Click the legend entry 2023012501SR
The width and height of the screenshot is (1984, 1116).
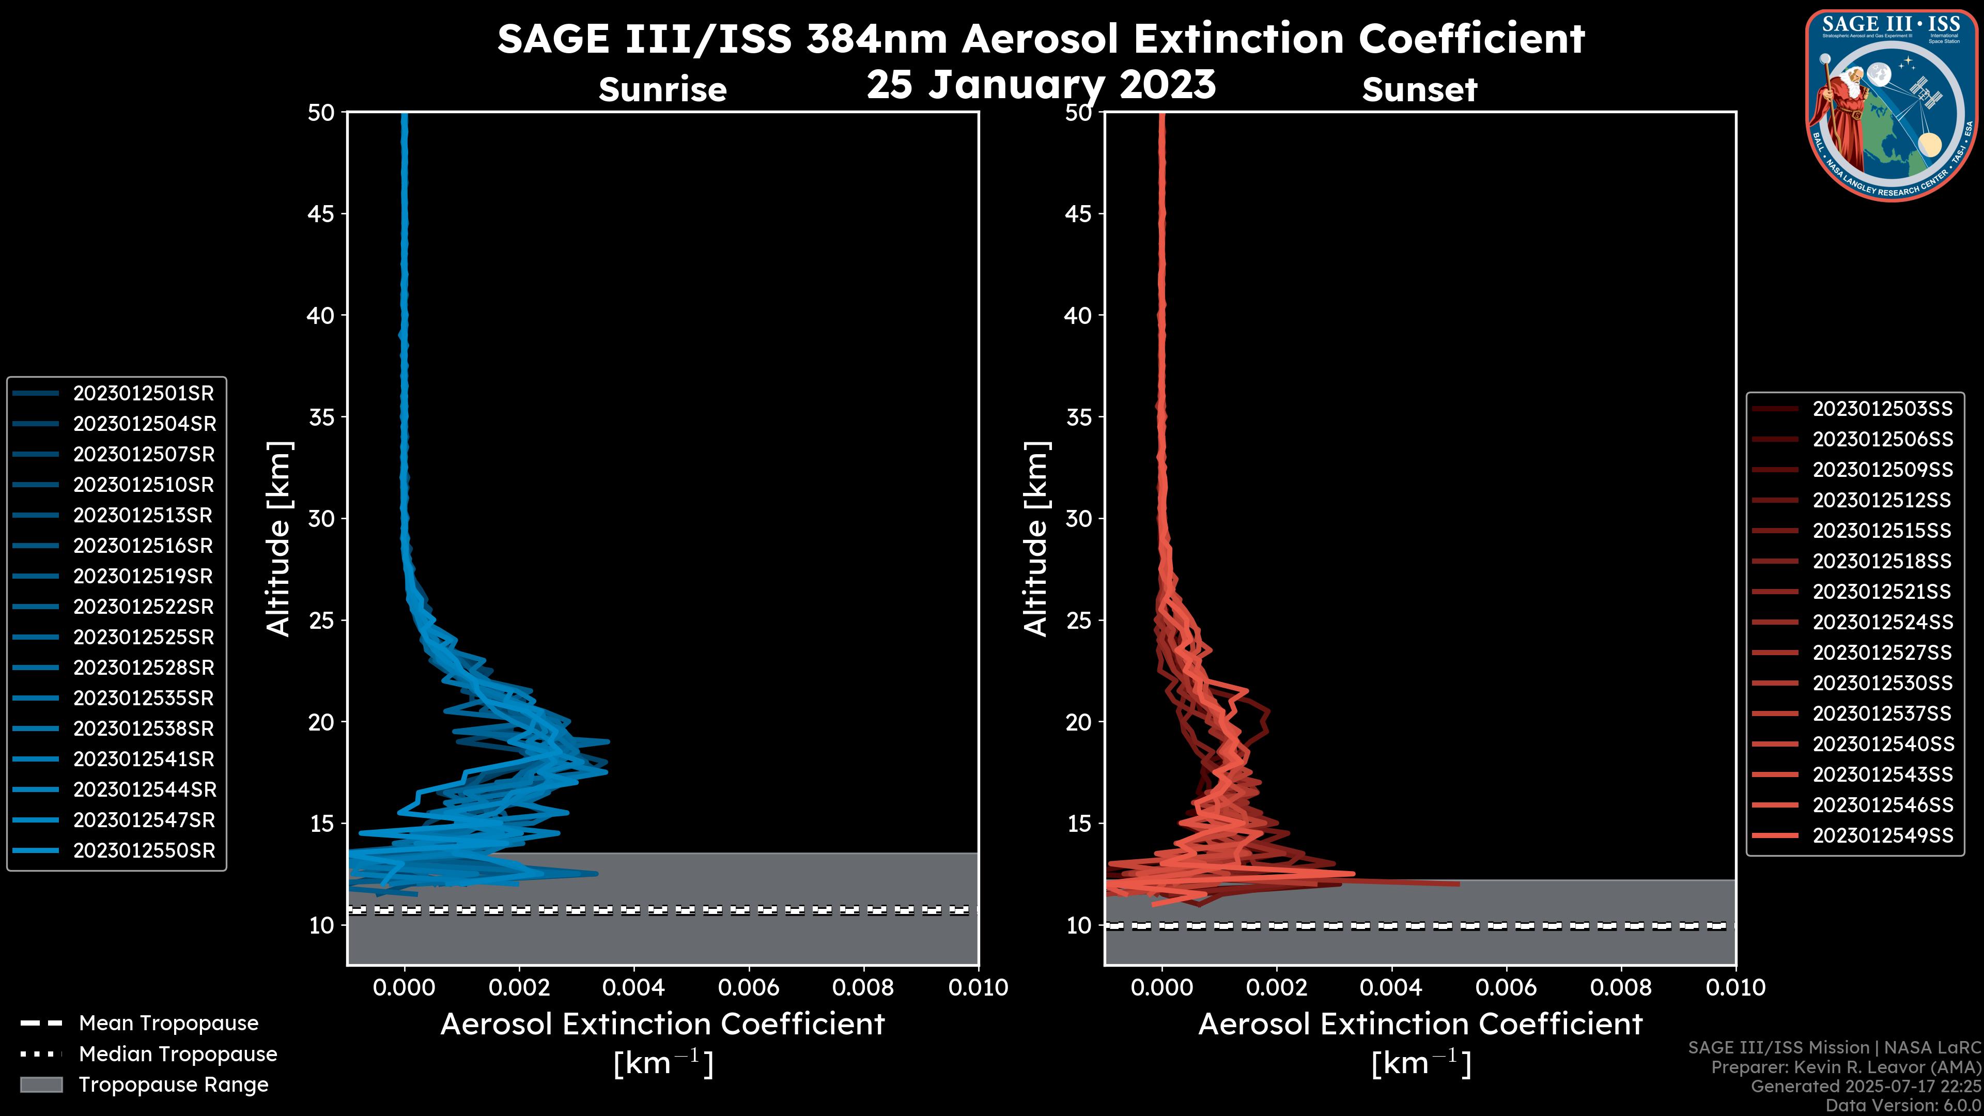143,394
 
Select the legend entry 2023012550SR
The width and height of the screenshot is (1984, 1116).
143,851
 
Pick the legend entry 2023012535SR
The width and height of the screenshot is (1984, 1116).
143,699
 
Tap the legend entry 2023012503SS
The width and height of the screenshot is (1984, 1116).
1882,409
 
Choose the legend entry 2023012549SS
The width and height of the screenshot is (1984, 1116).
1882,835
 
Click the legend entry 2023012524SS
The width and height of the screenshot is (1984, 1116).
1882,622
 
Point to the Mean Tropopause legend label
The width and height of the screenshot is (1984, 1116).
168,1024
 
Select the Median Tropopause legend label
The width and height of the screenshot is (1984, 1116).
178,1055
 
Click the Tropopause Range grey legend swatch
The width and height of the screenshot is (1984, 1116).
41,1085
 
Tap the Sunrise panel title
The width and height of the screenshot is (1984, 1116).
662,90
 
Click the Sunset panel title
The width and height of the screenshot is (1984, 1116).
1419,90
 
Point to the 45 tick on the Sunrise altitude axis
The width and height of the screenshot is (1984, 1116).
321,214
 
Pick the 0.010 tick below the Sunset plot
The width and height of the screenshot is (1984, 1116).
1735,987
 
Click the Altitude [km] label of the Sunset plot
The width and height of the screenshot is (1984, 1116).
1036,538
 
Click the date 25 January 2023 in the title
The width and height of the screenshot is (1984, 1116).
1041,85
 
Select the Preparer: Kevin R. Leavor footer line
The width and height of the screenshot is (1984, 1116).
1846,1067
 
